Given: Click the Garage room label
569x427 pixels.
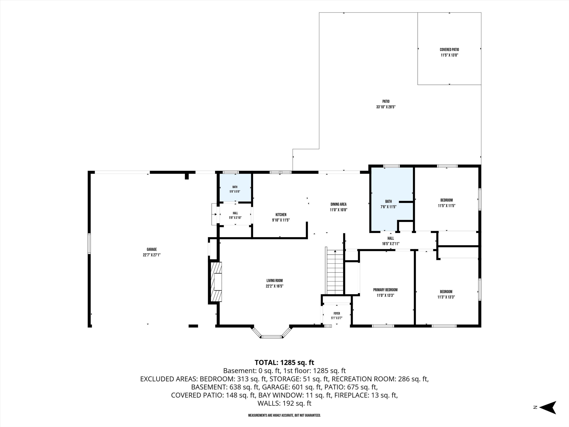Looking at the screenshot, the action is point(152,249).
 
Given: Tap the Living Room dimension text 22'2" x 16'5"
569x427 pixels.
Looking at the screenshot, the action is point(275,286).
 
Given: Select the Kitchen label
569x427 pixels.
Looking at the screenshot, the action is point(281,215).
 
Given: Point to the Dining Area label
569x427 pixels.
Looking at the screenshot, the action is point(339,204).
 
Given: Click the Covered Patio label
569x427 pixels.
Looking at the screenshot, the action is point(449,50).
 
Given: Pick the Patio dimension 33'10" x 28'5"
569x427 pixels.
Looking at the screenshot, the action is point(386,107).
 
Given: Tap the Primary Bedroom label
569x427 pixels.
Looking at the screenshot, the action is point(385,290).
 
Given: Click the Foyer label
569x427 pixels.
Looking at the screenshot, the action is point(337,314).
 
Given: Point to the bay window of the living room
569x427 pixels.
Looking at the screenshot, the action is point(272,333).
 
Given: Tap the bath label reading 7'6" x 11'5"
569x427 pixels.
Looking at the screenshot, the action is point(388,204).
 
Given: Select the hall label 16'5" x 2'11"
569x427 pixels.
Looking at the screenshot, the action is point(391,241).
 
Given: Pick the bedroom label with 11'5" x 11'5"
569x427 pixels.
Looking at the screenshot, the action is point(446,203).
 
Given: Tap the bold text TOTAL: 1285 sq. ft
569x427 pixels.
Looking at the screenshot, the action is point(284,363).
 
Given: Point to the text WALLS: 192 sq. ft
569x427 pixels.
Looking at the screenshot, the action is point(284,403).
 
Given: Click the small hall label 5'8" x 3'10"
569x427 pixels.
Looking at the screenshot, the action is point(235,215).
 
